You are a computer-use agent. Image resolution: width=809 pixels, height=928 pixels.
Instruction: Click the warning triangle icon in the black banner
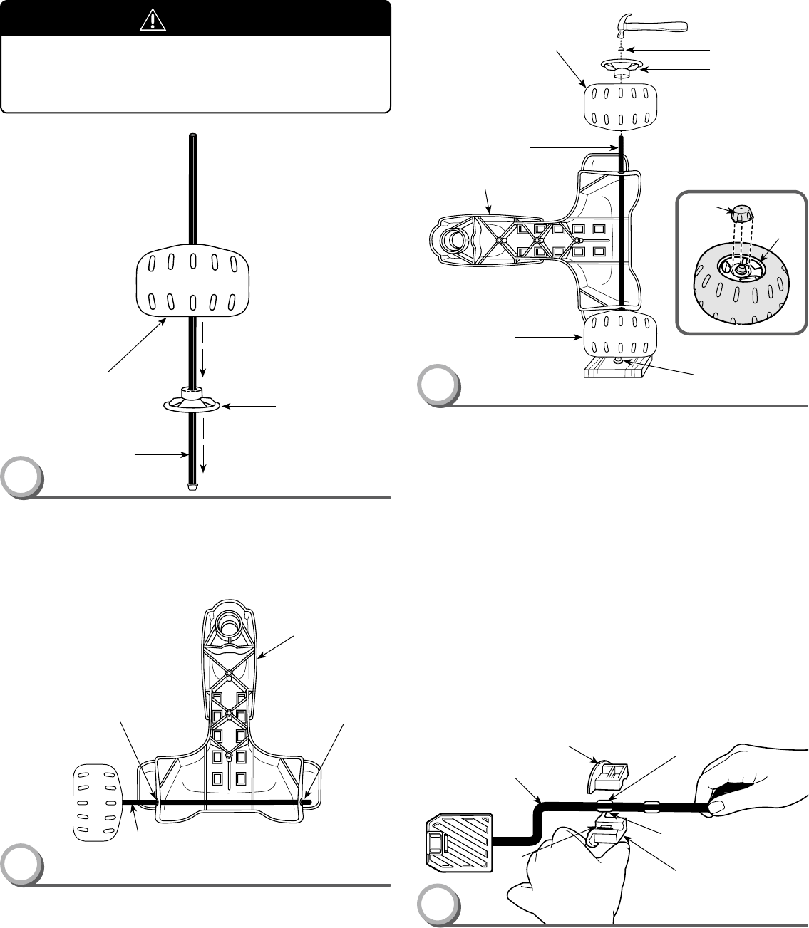point(152,21)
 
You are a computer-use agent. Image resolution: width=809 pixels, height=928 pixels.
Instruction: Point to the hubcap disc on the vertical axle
point(192,401)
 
